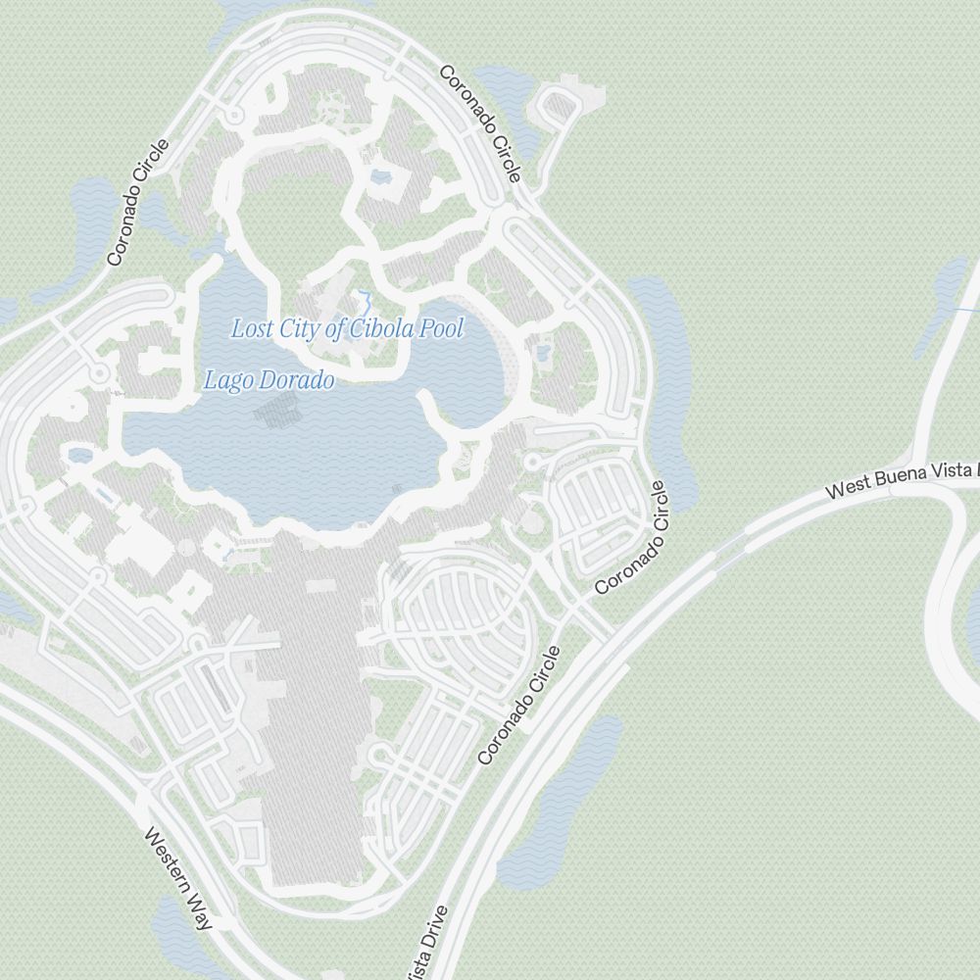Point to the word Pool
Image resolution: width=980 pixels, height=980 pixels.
pos(441,327)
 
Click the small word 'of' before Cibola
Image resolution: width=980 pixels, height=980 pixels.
pos(335,329)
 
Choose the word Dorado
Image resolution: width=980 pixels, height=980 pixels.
pos(293,380)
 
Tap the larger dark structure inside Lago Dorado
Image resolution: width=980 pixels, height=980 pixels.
pos(273,413)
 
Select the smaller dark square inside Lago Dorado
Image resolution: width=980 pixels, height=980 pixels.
pos(397,487)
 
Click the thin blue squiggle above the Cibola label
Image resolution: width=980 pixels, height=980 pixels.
pos(365,300)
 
